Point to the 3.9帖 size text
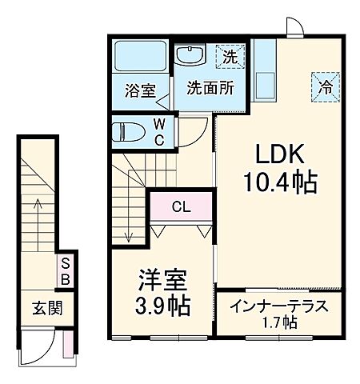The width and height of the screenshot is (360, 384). [x=162, y=306]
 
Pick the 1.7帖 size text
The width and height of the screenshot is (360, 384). [x=280, y=323]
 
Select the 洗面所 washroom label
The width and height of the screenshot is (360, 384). [x=210, y=88]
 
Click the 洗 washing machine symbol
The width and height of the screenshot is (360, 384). [x=230, y=57]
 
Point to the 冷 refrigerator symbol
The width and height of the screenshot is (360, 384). [x=326, y=86]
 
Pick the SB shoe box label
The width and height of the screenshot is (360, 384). [x=66, y=272]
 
